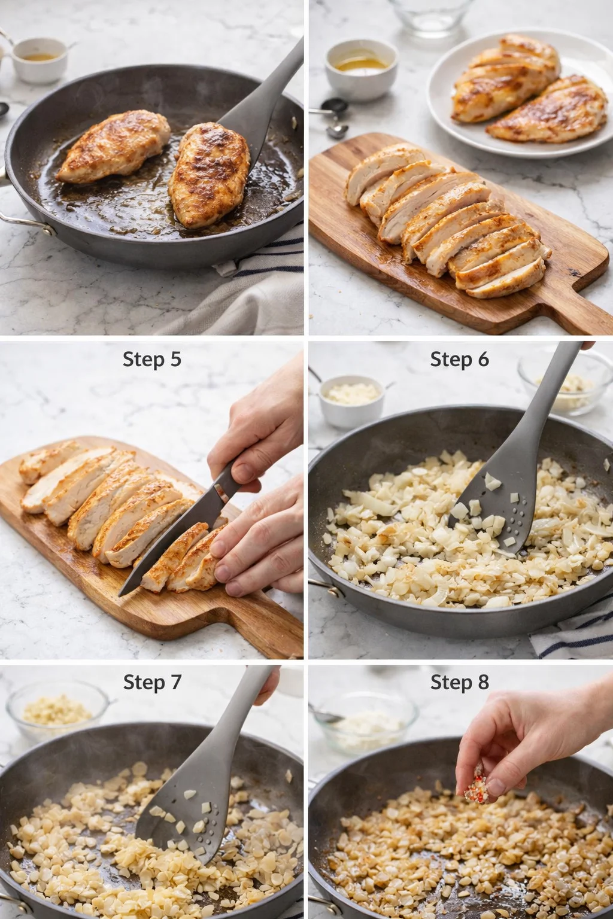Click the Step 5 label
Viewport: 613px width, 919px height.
[x=151, y=359]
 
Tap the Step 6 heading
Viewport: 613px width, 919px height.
[x=459, y=359]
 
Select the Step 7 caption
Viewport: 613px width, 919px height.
[x=152, y=682]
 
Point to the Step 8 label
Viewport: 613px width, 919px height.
[x=459, y=682]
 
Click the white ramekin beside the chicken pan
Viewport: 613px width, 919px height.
[x=40, y=59]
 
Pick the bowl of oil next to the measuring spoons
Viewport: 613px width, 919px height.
[x=361, y=68]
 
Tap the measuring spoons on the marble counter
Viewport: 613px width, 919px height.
[x=332, y=117]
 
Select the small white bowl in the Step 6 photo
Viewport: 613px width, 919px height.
[x=351, y=399]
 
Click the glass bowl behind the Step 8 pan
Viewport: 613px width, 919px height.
[x=365, y=721]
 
